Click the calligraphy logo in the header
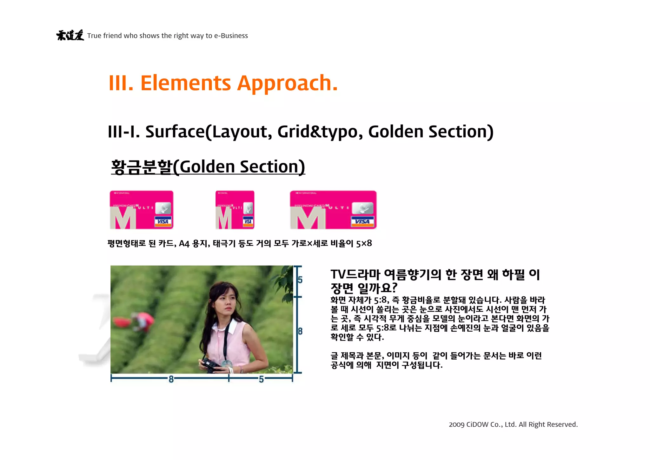pyautogui.click(x=70, y=35)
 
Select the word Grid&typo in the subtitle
pyautogui.click(x=317, y=132)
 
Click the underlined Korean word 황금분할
pyautogui.click(x=142, y=167)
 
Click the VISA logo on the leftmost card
pyautogui.click(x=163, y=221)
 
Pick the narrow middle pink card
pyautogui.click(x=235, y=210)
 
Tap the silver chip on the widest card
pyautogui.click(x=363, y=208)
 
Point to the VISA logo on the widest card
pyautogui.click(x=362, y=221)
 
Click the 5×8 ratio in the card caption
pyautogui.click(x=364, y=244)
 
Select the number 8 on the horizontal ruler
pyautogui.click(x=171, y=379)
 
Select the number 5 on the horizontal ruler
pyautogui.click(x=261, y=379)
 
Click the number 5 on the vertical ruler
pyautogui.click(x=300, y=280)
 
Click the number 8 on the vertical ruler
pyautogui.click(x=300, y=331)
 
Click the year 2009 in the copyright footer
pyautogui.click(x=456, y=424)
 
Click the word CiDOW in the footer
pyautogui.click(x=477, y=424)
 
